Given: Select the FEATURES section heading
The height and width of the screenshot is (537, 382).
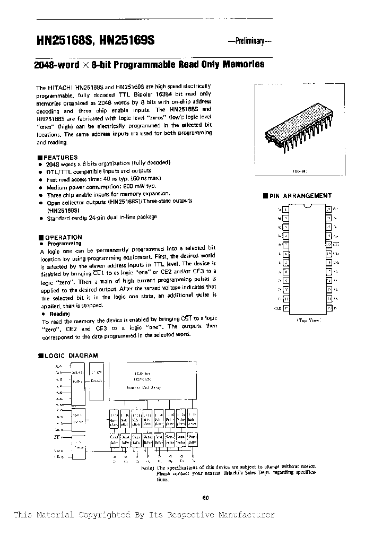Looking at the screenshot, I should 59,158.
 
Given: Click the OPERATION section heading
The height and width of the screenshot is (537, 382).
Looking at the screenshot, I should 62,237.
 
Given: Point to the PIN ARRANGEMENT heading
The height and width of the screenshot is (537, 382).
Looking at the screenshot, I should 300,196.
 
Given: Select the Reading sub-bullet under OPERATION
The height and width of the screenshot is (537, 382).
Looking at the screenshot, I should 59,314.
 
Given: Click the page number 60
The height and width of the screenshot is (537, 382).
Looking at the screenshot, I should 206,497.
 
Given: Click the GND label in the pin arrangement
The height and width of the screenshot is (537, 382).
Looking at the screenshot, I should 277,308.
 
